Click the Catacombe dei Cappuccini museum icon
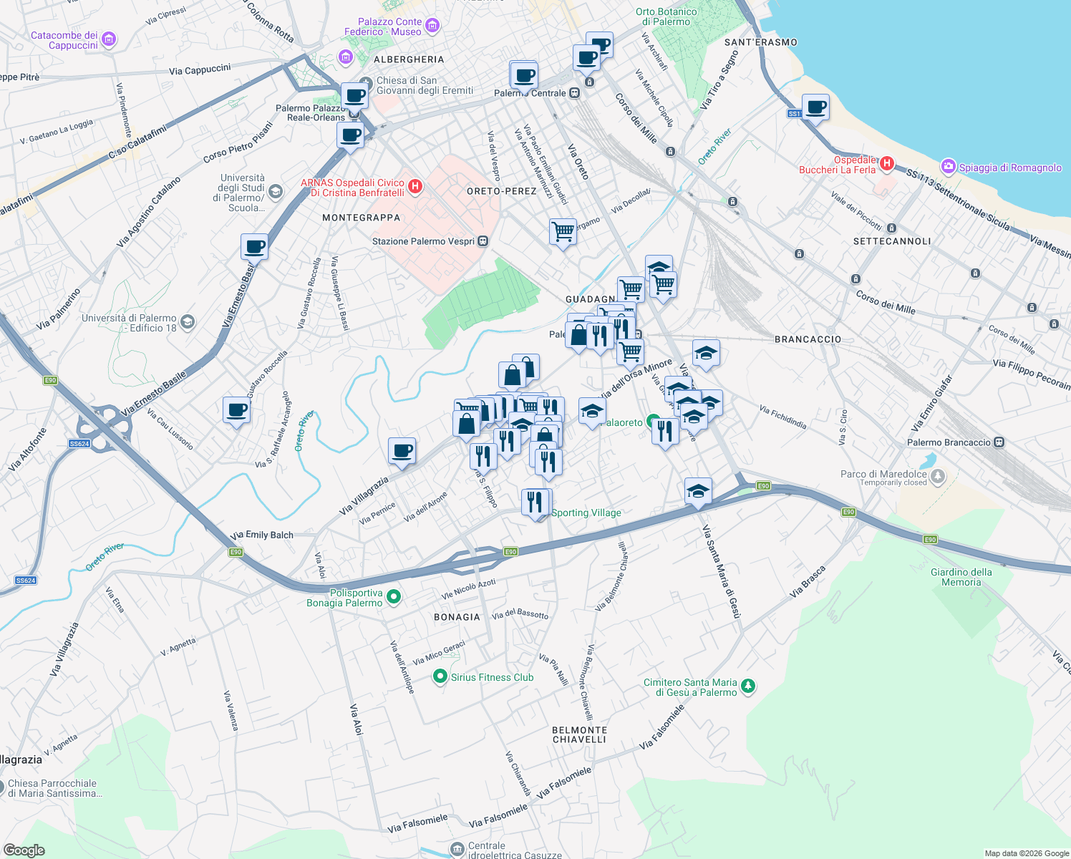[x=109, y=39]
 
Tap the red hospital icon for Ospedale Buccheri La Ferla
[x=887, y=164]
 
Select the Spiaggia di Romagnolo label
[x=1010, y=168]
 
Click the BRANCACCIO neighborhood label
[x=808, y=339]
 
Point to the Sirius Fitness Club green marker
[x=440, y=676]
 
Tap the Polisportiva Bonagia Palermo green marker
[x=393, y=596]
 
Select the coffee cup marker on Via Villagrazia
[x=402, y=452]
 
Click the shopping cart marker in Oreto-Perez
[x=563, y=232]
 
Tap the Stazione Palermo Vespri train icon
[x=483, y=241]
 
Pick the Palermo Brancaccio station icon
[x=999, y=442]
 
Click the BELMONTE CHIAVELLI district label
[x=579, y=734]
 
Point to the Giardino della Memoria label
[x=961, y=577]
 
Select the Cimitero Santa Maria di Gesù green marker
[x=748, y=686]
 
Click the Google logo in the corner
[x=24, y=850]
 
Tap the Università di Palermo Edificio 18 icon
[x=187, y=321]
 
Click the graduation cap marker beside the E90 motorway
[x=698, y=492]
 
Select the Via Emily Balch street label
[x=262, y=535]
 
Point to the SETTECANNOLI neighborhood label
[x=892, y=241]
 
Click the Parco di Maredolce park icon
[x=938, y=476]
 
